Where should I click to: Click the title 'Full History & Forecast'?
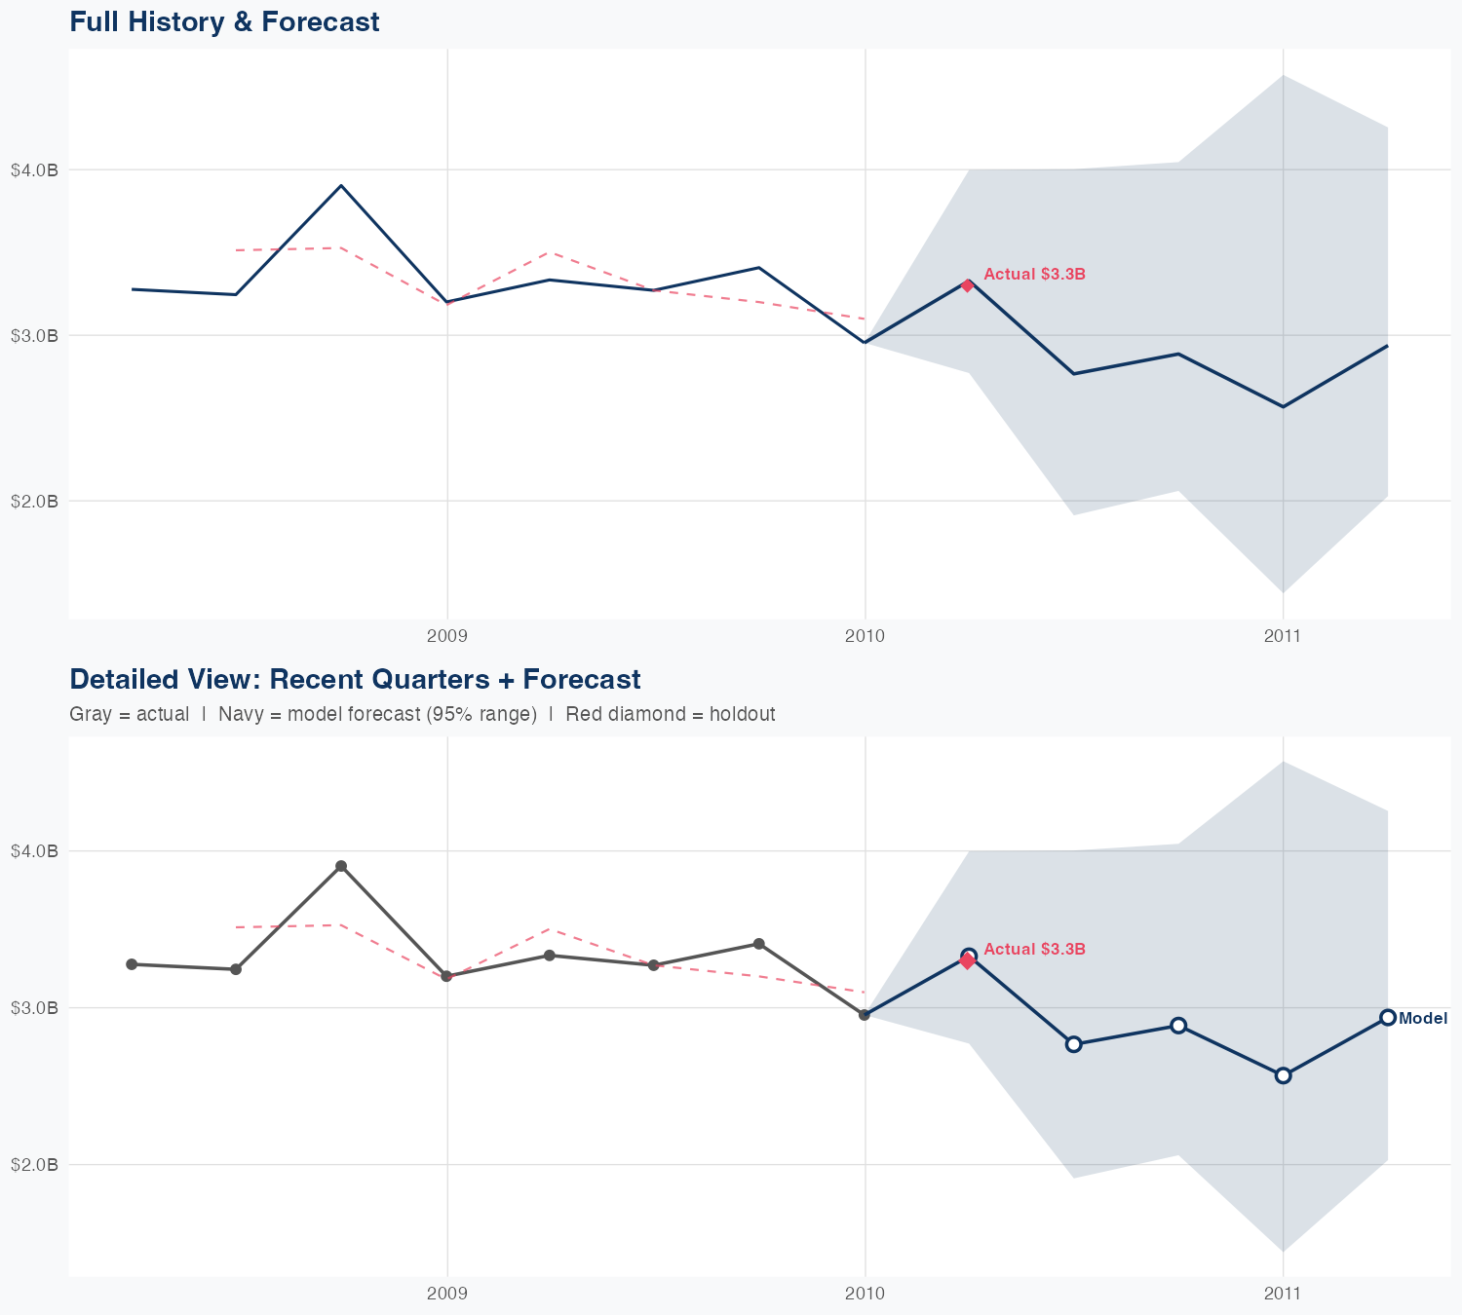click(x=224, y=21)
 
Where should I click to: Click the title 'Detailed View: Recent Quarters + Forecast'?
click(x=355, y=679)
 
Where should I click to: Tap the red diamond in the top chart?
click(x=967, y=285)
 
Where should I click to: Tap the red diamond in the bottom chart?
click(x=967, y=961)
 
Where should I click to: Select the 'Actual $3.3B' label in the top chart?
click(x=1034, y=275)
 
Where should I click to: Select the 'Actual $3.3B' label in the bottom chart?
click(x=1034, y=949)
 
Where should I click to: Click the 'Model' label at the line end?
click(x=1423, y=1019)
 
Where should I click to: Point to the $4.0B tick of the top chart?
click(x=34, y=169)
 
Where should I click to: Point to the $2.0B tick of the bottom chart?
click(x=34, y=1164)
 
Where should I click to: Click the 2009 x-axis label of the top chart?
click(x=447, y=636)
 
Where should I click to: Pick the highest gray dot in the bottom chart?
click(x=341, y=866)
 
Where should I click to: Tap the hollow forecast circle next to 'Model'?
click(x=1388, y=1018)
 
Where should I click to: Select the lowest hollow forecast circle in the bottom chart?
click(x=1284, y=1075)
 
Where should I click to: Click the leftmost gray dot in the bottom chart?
click(x=132, y=964)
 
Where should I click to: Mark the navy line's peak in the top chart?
click(x=340, y=185)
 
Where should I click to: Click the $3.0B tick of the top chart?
click(x=34, y=335)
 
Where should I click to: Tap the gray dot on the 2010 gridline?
click(x=865, y=1015)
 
